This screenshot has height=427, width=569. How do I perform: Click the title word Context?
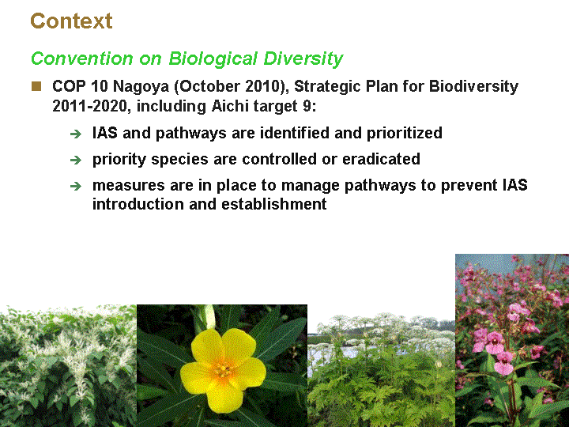(71, 21)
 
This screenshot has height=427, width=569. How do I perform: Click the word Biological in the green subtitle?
(213, 59)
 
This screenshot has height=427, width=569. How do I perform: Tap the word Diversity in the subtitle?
(303, 59)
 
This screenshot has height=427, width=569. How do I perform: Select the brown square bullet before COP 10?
(36, 86)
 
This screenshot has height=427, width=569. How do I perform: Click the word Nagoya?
(141, 87)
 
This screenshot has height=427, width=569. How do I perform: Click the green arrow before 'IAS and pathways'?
(76, 134)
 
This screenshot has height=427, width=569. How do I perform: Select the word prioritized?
(405, 134)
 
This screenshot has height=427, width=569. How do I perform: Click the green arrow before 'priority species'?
(76, 160)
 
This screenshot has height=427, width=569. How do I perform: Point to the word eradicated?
(381, 159)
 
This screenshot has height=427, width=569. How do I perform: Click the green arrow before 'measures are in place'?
(76, 187)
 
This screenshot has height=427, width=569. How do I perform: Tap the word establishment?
(274, 204)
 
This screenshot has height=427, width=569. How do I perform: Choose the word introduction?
(138, 204)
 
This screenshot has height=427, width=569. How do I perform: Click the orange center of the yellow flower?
(223, 370)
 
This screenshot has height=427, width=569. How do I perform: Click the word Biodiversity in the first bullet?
(473, 87)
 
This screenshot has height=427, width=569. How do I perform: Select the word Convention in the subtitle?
(82, 59)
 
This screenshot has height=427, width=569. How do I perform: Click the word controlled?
(280, 159)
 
